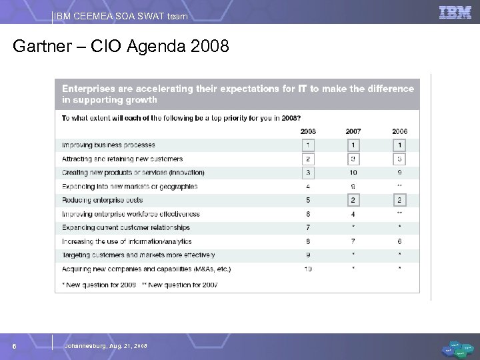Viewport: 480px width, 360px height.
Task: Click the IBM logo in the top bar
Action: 455,11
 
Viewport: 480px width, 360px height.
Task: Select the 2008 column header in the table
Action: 309,131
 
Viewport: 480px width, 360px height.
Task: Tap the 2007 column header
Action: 354,131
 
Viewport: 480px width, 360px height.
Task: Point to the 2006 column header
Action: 400,131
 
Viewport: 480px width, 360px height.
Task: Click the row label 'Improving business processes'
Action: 108,145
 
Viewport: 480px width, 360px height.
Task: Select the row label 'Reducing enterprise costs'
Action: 102,200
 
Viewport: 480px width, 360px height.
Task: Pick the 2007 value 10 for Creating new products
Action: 354,173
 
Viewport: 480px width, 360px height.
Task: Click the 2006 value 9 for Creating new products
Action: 400,173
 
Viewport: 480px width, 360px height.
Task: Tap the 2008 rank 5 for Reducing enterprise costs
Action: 309,200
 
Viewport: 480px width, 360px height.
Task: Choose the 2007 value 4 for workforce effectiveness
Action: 354,214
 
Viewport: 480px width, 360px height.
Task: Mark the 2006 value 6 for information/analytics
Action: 400,241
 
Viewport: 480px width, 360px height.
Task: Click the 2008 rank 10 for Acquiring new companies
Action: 309,269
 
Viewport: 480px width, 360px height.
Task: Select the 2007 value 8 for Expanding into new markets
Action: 354,187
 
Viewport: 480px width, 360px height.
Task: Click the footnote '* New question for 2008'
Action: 98,285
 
